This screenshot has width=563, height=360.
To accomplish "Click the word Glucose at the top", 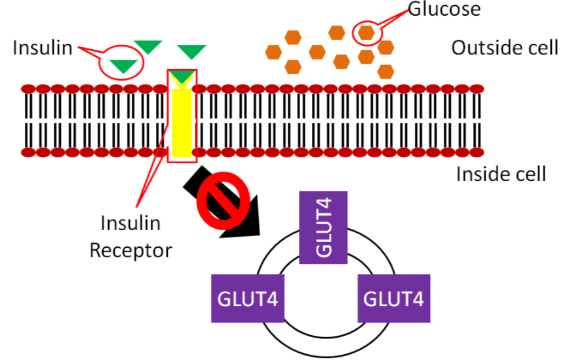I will tap(444, 10).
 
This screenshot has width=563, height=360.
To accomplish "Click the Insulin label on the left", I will tap(43, 48).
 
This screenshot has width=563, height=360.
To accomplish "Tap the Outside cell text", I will tap(505, 48).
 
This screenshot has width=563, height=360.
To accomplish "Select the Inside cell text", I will tap(501, 174).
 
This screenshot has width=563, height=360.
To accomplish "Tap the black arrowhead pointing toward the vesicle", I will tap(244, 222).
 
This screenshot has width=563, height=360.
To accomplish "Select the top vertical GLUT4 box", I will tap(322, 227).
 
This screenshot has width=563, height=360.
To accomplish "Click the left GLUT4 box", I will tap(246, 298).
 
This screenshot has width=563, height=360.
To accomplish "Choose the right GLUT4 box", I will tap(394, 298).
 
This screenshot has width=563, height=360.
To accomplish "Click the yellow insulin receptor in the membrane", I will tap(182, 118).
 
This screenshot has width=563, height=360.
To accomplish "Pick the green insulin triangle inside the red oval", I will tap(124, 65).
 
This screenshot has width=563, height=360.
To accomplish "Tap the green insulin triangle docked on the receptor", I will tap(182, 77).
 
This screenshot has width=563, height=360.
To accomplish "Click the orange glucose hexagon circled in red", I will tap(366, 31).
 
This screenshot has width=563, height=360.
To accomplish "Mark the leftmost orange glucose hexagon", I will tap(273, 51).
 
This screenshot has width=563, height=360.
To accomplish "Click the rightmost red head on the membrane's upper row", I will tap(476, 88).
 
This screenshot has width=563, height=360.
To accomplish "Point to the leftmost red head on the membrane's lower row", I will tap(28, 153).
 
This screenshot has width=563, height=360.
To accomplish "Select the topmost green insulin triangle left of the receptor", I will tap(148, 46).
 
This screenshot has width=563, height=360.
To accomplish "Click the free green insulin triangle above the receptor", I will tap(192, 52).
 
